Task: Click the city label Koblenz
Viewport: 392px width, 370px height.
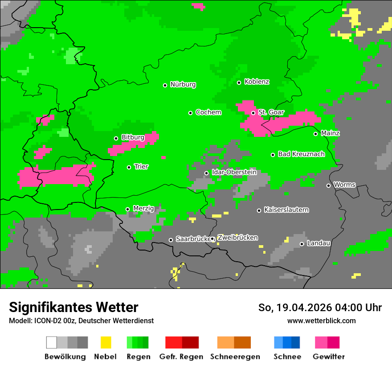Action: [x=257, y=82]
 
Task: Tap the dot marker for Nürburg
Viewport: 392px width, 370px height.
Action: [x=165, y=85]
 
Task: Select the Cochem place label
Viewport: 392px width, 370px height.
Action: [x=208, y=112]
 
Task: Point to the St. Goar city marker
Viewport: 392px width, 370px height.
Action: [x=253, y=113]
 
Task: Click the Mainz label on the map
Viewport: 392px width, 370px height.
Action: [x=330, y=133]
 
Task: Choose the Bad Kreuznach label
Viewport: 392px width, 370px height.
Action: [x=301, y=154]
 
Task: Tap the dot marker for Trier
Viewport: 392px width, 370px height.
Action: [x=129, y=167]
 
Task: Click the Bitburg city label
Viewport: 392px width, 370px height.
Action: [x=133, y=138]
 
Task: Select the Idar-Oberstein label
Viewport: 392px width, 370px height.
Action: [x=234, y=172]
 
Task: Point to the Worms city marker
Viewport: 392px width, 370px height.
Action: [x=328, y=185]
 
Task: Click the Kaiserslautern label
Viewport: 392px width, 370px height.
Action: [x=286, y=210]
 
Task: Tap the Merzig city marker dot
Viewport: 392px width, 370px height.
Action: [x=127, y=209]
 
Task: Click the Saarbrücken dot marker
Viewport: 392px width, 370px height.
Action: [x=171, y=240]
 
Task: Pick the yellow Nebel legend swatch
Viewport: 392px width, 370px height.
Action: [x=106, y=342]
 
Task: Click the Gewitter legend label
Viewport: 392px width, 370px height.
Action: [x=328, y=357]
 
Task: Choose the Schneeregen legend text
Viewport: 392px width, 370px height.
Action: [x=235, y=357]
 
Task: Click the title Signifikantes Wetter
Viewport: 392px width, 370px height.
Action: [x=73, y=307]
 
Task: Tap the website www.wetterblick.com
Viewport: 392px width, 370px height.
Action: [x=321, y=321]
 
